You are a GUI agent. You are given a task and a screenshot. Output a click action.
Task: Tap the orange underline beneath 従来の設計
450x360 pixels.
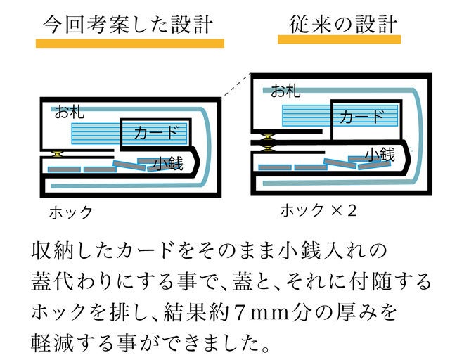(339, 40)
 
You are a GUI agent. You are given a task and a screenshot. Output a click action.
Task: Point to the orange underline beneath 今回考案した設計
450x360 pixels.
(130, 43)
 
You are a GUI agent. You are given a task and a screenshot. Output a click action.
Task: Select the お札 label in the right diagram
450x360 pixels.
(285, 89)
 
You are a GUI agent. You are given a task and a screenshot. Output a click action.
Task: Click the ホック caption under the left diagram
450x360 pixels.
(70, 212)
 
